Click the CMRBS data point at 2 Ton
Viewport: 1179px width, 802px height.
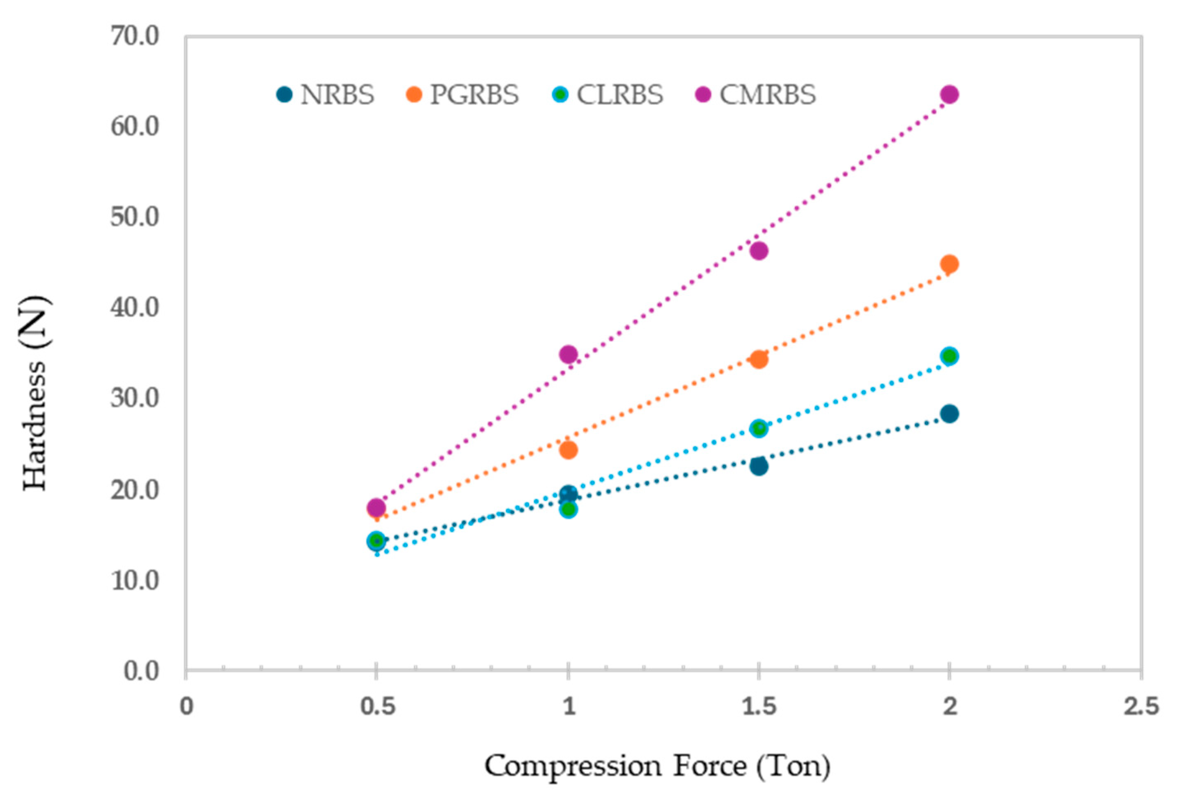coord(949,94)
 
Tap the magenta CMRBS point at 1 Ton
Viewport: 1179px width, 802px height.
coord(568,354)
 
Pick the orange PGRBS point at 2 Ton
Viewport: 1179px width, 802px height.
coord(949,264)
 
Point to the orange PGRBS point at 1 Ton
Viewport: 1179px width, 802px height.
coord(568,450)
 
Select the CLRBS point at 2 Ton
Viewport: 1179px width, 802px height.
coord(949,356)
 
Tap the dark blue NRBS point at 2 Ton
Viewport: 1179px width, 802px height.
coord(949,414)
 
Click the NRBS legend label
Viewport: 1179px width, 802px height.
coord(337,95)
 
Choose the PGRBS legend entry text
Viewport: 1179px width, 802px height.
coord(474,95)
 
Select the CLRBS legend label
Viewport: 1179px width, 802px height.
coord(619,95)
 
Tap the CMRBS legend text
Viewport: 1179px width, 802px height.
coord(767,95)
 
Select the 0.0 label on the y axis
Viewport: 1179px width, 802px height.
coord(142,671)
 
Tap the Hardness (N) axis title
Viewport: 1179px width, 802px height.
coord(36,393)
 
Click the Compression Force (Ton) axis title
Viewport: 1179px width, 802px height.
coord(657,767)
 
